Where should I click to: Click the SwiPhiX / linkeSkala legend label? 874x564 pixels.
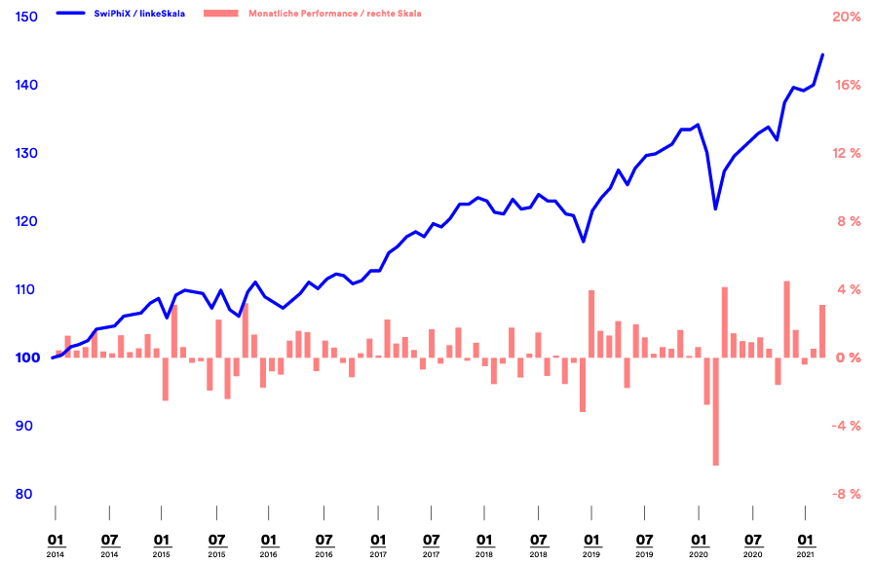point(147,14)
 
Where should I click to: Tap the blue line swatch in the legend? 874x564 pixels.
point(78,14)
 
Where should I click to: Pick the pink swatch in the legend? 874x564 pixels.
point(222,14)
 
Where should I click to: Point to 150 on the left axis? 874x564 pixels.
point(27,18)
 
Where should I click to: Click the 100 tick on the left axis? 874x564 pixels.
point(27,357)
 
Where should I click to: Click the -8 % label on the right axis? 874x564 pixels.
point(845,494)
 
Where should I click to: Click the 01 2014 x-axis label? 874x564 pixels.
point(56,544)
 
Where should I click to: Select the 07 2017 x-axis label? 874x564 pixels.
point(431,544)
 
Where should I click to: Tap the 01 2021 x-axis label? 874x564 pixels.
point(806,544)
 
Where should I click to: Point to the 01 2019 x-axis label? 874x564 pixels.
point(591,544)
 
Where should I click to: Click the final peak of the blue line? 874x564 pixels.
point(822,55)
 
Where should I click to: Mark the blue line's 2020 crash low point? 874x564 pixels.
point(715,208)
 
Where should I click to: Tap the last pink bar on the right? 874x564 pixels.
point(822,331)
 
